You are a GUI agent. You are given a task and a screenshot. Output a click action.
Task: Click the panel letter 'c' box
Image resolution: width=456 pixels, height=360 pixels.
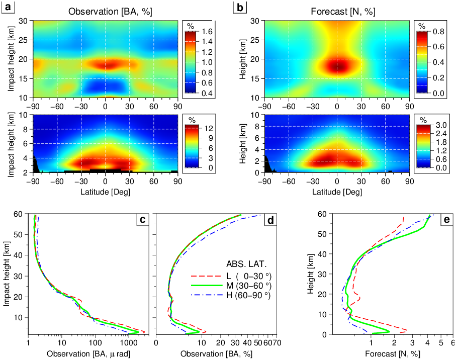pos(142,220)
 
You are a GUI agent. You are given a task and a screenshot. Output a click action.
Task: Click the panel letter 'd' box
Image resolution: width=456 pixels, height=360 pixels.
pos(270,220)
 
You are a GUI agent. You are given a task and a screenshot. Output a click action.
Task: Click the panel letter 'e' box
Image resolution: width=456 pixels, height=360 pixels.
pos(445,220)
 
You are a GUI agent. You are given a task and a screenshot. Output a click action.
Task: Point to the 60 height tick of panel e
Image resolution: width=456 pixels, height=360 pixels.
pos(324,214)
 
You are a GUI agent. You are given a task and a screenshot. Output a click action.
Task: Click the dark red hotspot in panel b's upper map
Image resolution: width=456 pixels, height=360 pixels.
pos(337,66)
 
